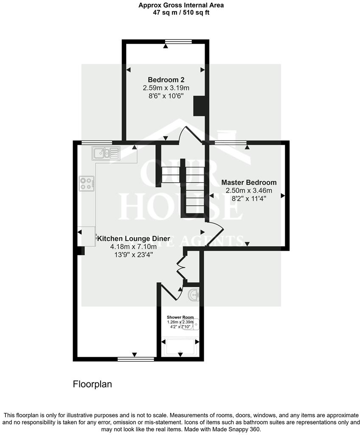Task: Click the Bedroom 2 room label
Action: pos(166,79)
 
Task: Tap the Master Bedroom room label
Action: pos(249,182)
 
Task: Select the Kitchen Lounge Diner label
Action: pos(134,238)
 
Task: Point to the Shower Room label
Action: pos(180,317)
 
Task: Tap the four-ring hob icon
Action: pos(86,183)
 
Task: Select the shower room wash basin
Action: pos(193,294)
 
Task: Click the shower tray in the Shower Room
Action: pos(180,347)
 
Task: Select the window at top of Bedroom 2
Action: pos(179,41)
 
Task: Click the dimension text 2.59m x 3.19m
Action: pos(166,88)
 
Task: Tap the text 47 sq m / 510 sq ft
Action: pos(181,13)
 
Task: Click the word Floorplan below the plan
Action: pos(92,385)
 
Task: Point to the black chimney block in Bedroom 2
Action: pos(200,106)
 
